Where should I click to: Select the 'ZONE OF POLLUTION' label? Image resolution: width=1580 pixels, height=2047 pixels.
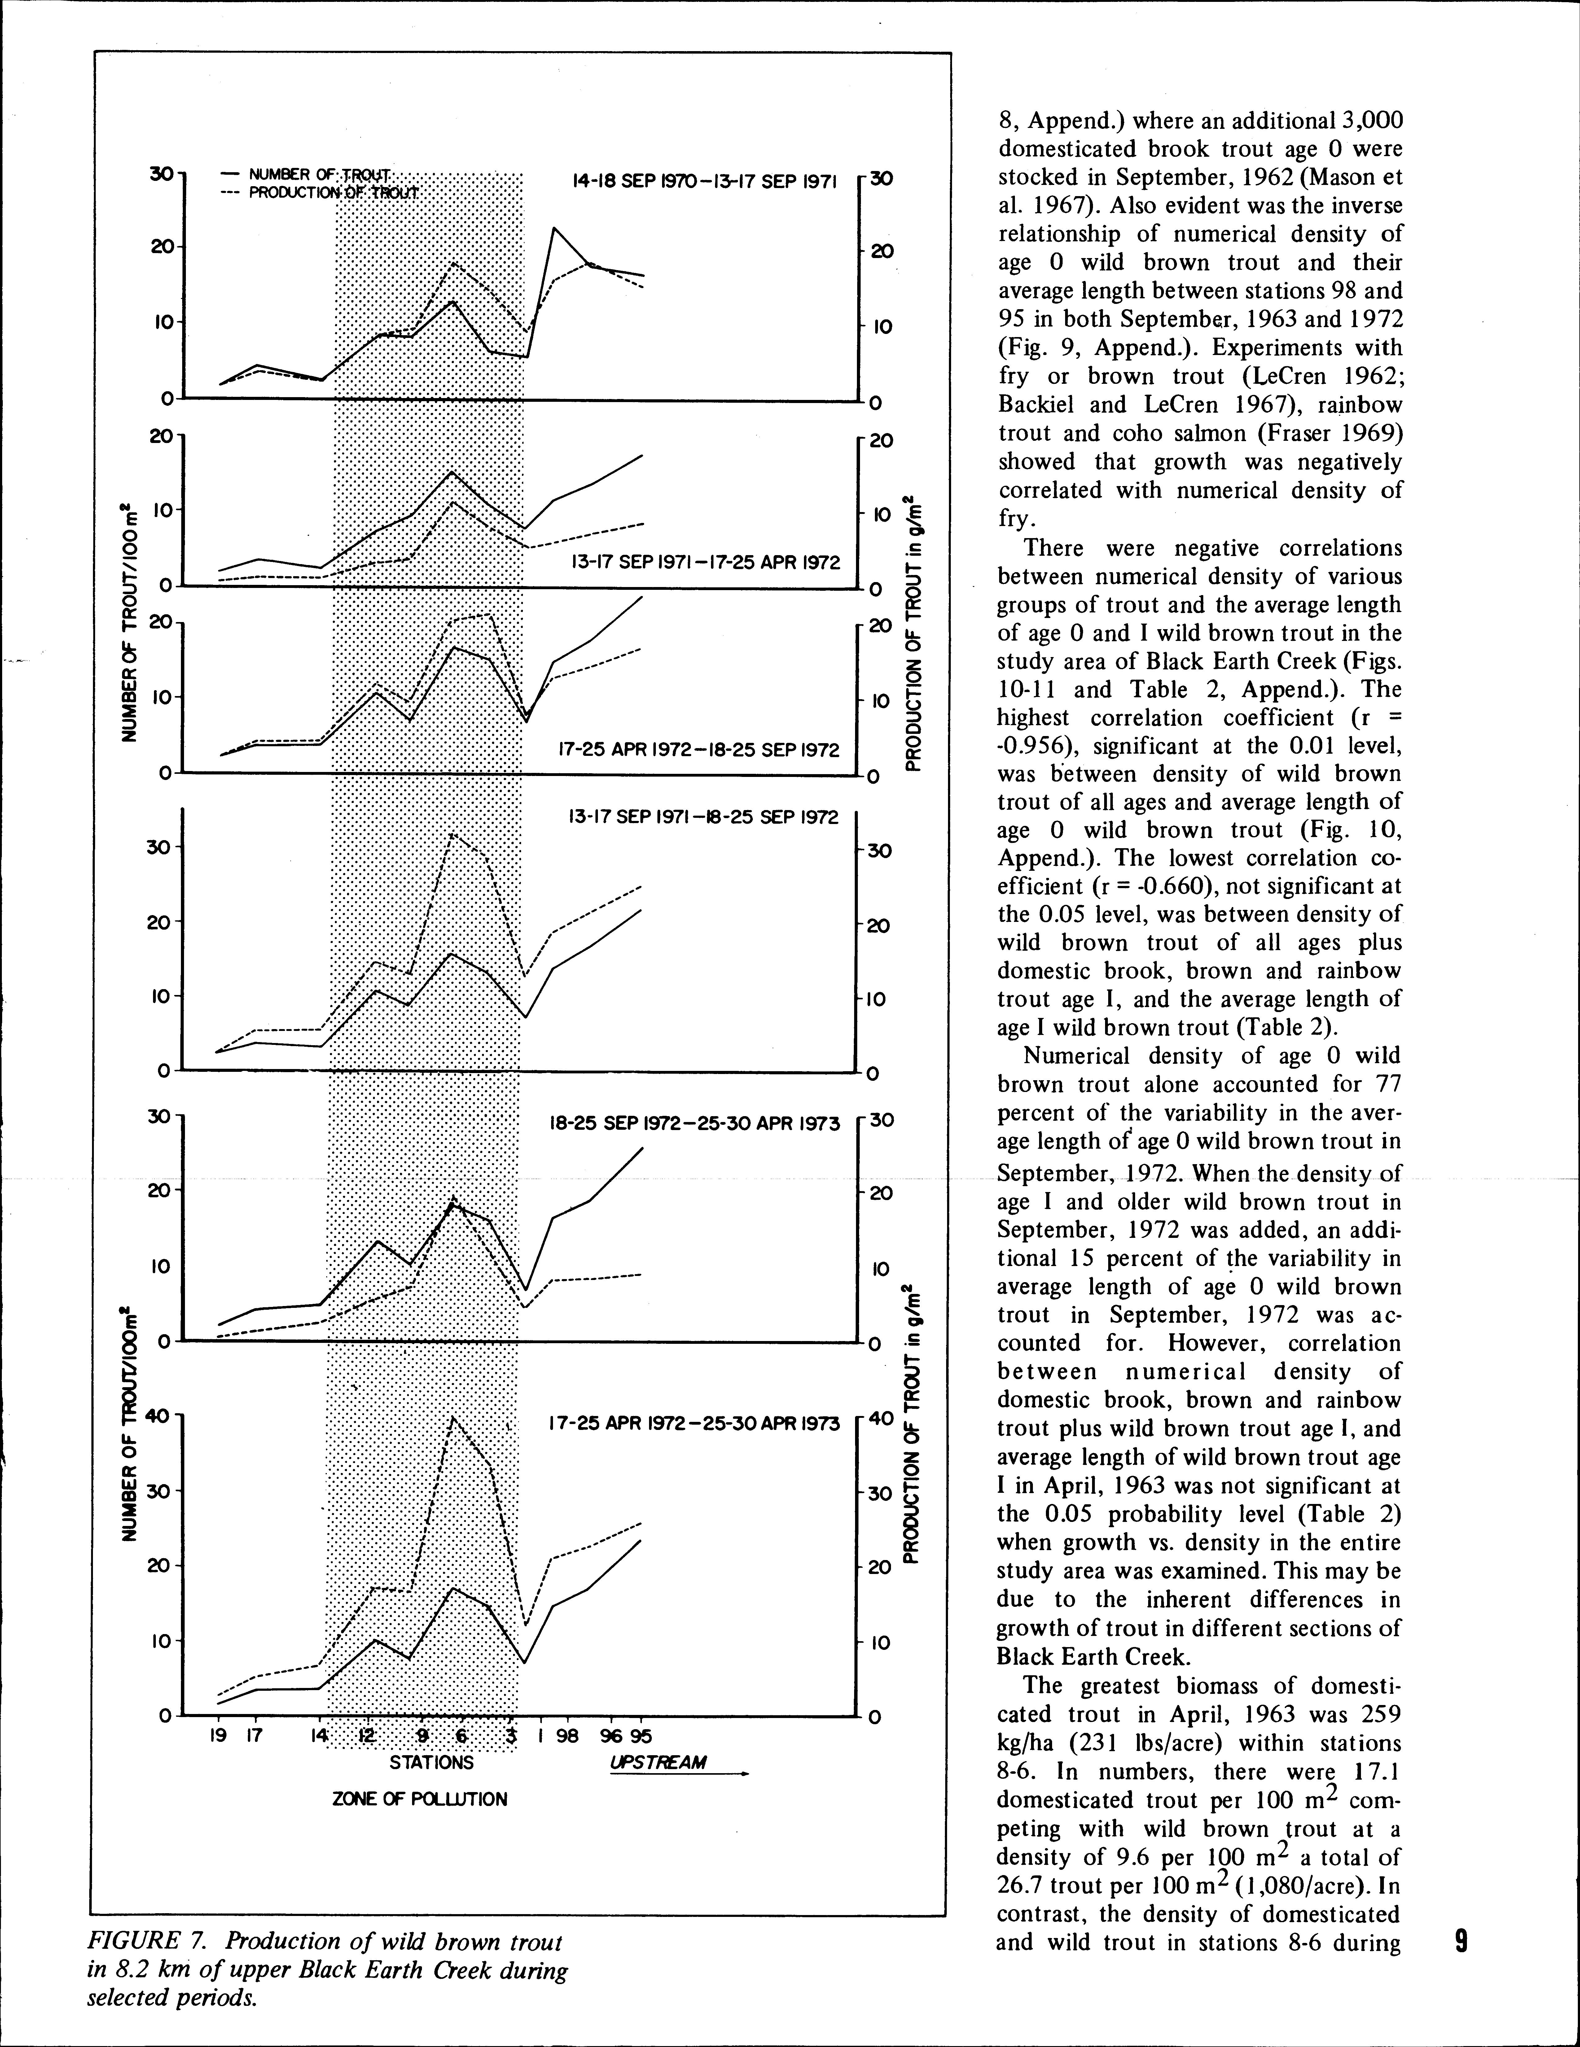pyautogui.click(x=420, y=1799)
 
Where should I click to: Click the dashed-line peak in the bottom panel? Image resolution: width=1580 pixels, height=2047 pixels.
pyautogui.click(x=453, y=1418)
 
